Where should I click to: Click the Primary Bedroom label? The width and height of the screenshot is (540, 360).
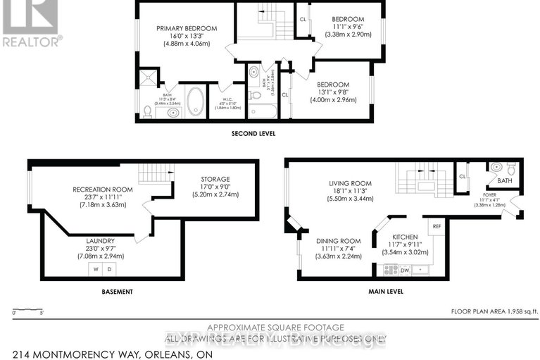coord(187,29)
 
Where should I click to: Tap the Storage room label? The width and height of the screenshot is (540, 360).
coord(215,179)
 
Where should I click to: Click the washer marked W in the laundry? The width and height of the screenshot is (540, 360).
coord(96,269)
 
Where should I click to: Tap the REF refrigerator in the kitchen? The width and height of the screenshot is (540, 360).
coord(437,227)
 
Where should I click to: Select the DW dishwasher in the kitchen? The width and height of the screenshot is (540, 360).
coord(404,269)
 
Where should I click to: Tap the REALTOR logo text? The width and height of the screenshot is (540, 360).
coord(32,40)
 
